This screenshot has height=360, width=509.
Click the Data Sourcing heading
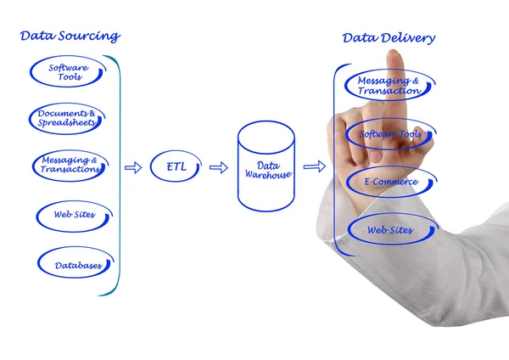(x=70, y=37)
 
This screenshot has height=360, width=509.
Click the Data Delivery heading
(x=389, y=38)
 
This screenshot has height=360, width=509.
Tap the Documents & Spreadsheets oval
(x=67, y=119)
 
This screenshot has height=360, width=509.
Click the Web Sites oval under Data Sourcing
(x=74, y=215)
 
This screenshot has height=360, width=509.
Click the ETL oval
(x=175, y=166)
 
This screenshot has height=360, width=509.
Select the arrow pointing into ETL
(x=133, y=167)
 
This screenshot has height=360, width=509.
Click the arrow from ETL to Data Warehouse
(x=218, y=167)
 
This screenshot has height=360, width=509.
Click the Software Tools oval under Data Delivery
(x=391, y=134)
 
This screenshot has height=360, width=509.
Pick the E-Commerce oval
(x=392, y=182)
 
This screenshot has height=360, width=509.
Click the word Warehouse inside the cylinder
(x=268, y=175)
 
